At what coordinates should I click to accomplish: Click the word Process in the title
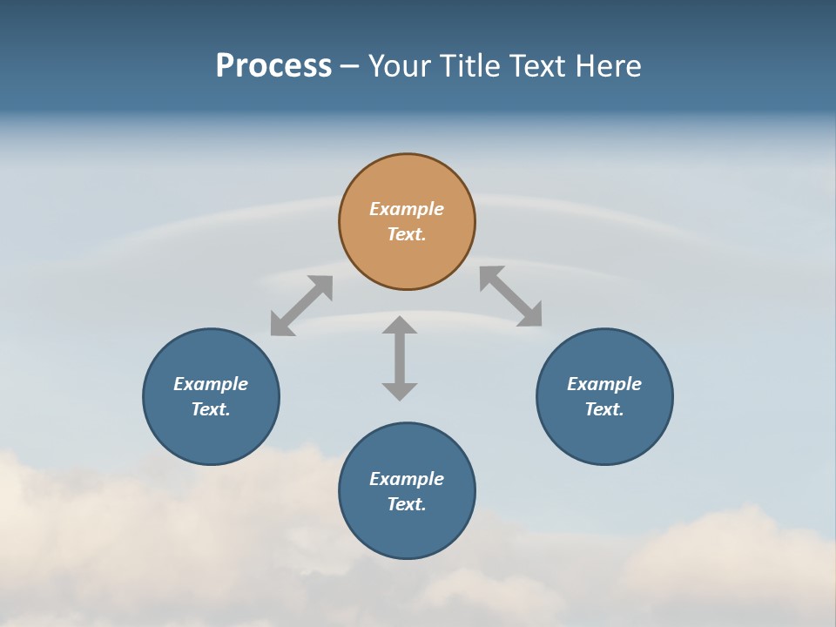point(273,66)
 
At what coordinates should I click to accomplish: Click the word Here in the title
point(607,66)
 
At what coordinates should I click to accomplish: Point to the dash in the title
point(349,67)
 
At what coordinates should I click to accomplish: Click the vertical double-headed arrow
point(400,358)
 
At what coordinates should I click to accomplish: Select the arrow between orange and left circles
point(301,306)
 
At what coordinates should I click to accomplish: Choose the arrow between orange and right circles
point(510,296)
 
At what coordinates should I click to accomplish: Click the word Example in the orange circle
point(407,209)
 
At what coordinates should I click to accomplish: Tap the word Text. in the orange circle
point(407,234)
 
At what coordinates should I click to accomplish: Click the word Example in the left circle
point(211,384)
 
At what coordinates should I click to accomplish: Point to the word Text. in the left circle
point(211,409)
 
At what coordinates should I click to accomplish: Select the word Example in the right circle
point(604,384)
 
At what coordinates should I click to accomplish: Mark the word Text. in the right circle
point(604,409)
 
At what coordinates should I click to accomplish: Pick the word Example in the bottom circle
point(407,479)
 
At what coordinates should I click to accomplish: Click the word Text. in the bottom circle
point(407,504)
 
